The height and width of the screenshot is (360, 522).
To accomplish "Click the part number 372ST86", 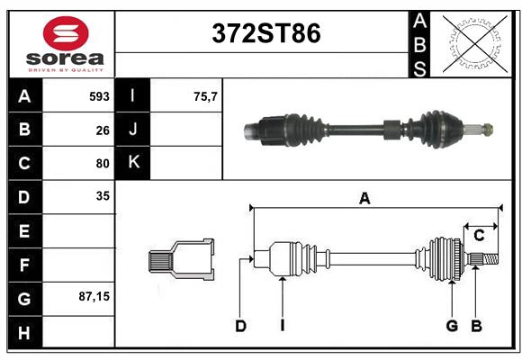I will (x=265, y=34).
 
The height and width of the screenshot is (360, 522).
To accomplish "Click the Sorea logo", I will (x=65, y=45).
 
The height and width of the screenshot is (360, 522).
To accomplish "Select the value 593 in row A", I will (x=99, y=96).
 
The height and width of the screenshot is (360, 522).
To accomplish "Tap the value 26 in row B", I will (x=103, y=130).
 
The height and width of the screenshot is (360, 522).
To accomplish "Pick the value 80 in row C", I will (x=103, y=164).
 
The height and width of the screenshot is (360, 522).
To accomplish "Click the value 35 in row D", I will (x=103, y=195).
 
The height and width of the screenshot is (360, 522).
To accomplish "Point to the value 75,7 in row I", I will (x=206, y=96).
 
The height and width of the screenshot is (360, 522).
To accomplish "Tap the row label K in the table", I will (x=133, y=163).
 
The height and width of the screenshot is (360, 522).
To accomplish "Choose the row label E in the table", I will (x=24, y=230).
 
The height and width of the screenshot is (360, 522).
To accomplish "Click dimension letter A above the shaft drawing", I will (x=364, y=199).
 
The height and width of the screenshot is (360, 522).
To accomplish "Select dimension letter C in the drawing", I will (x=480, y=236).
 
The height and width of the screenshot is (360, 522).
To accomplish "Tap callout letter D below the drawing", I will (x=241, y=326).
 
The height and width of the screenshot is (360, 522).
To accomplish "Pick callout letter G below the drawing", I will (x=452, y=326).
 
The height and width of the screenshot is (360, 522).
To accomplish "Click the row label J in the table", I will (x=133, y=130).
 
